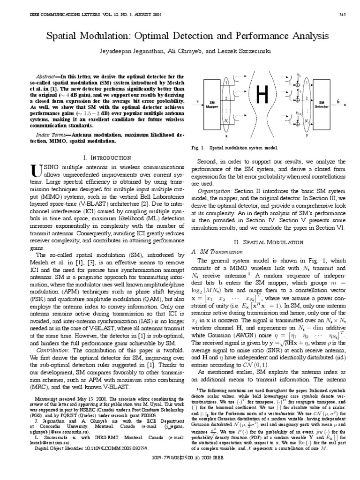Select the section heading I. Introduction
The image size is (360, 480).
(107, 158)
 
